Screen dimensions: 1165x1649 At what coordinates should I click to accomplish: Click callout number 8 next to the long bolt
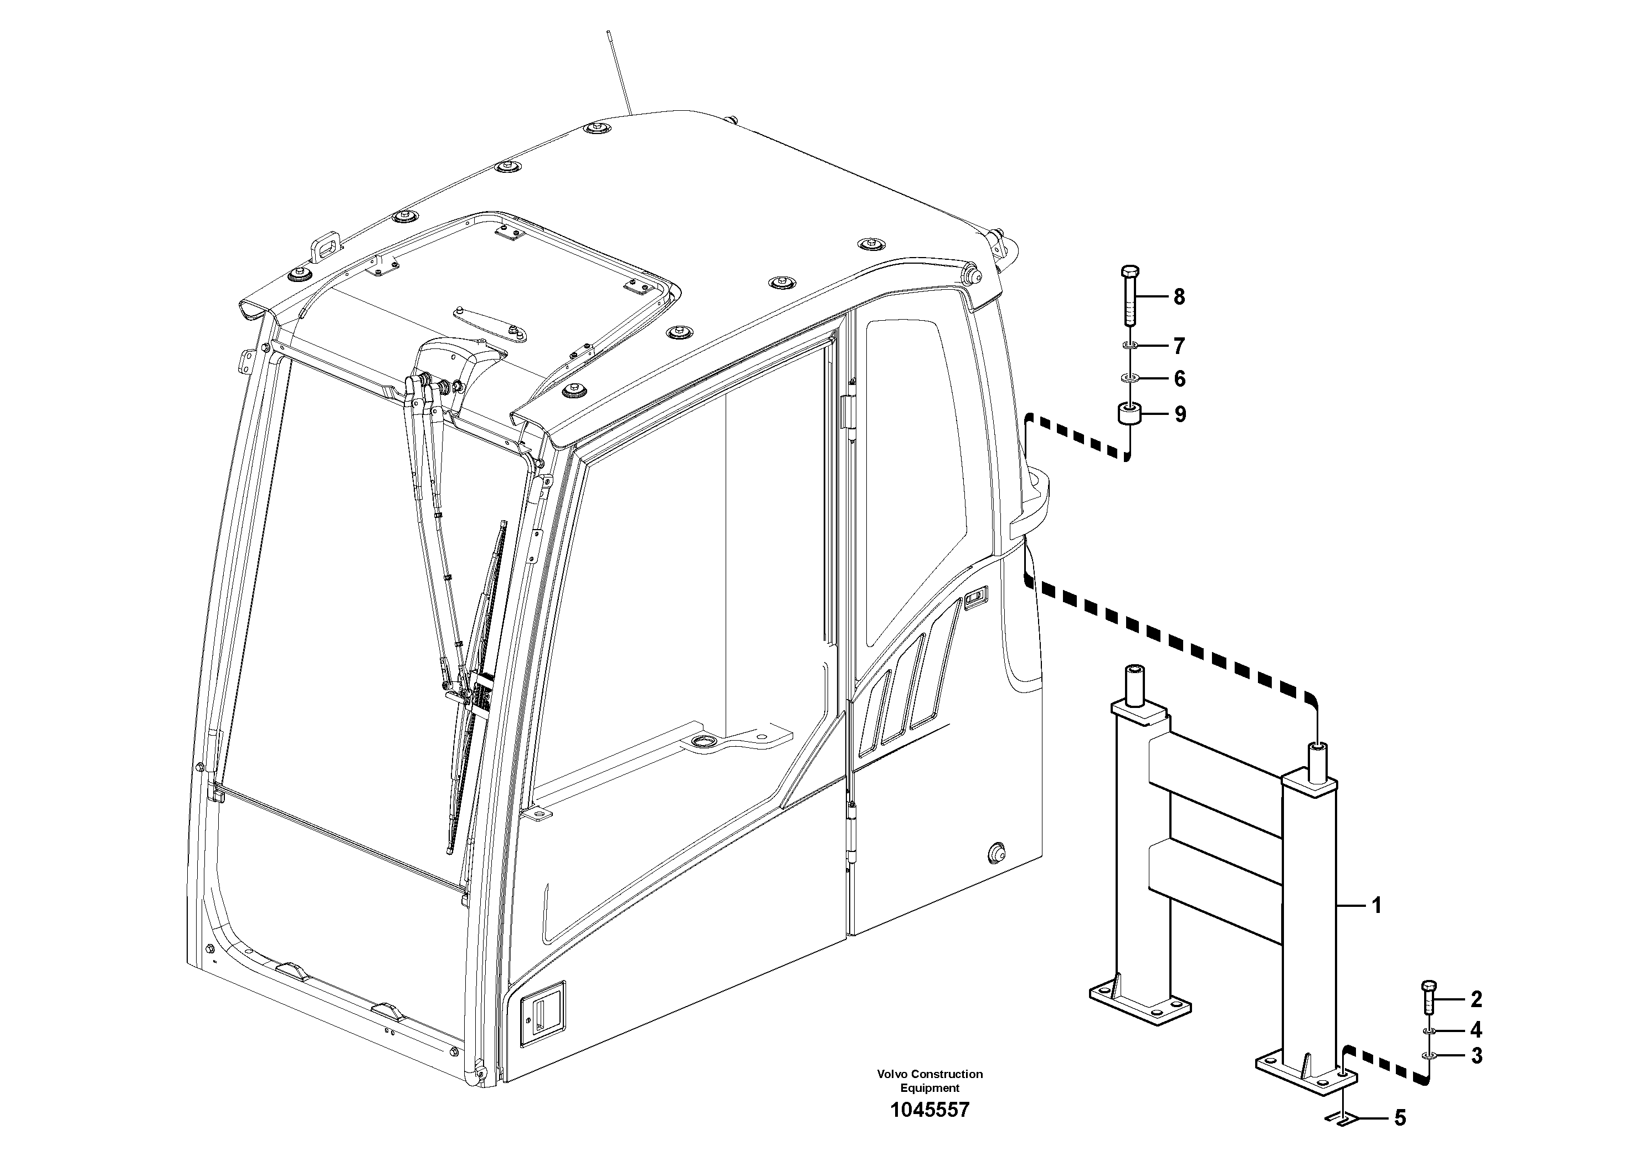coord(1179,296)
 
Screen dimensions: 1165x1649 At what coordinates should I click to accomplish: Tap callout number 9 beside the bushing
coord(1180,414)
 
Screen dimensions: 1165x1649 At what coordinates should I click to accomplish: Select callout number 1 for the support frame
coord(1377,906)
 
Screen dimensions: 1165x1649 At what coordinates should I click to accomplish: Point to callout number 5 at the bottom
coord(1400,1118)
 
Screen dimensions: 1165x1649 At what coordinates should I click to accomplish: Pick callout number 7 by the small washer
coord(1179,346)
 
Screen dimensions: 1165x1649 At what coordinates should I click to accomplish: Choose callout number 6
coord(1179,378)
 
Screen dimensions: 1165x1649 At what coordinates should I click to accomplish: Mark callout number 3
coord(1476,1056)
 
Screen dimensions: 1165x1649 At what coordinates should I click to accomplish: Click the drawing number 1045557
coord(929,1110)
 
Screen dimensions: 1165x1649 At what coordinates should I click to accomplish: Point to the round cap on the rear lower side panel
coord(996,852)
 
